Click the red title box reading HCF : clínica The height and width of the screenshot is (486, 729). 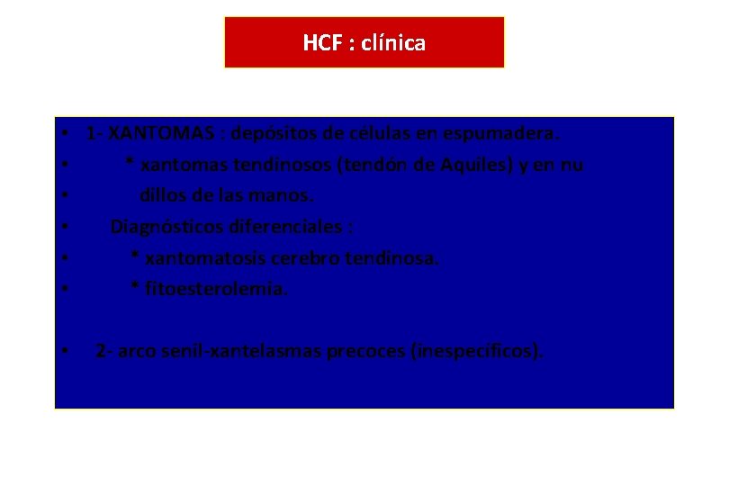[364, 42]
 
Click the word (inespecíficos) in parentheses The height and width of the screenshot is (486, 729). [477, 350]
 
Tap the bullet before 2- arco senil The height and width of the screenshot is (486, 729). [67, 351]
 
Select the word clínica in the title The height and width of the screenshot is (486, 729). [394, 42]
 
